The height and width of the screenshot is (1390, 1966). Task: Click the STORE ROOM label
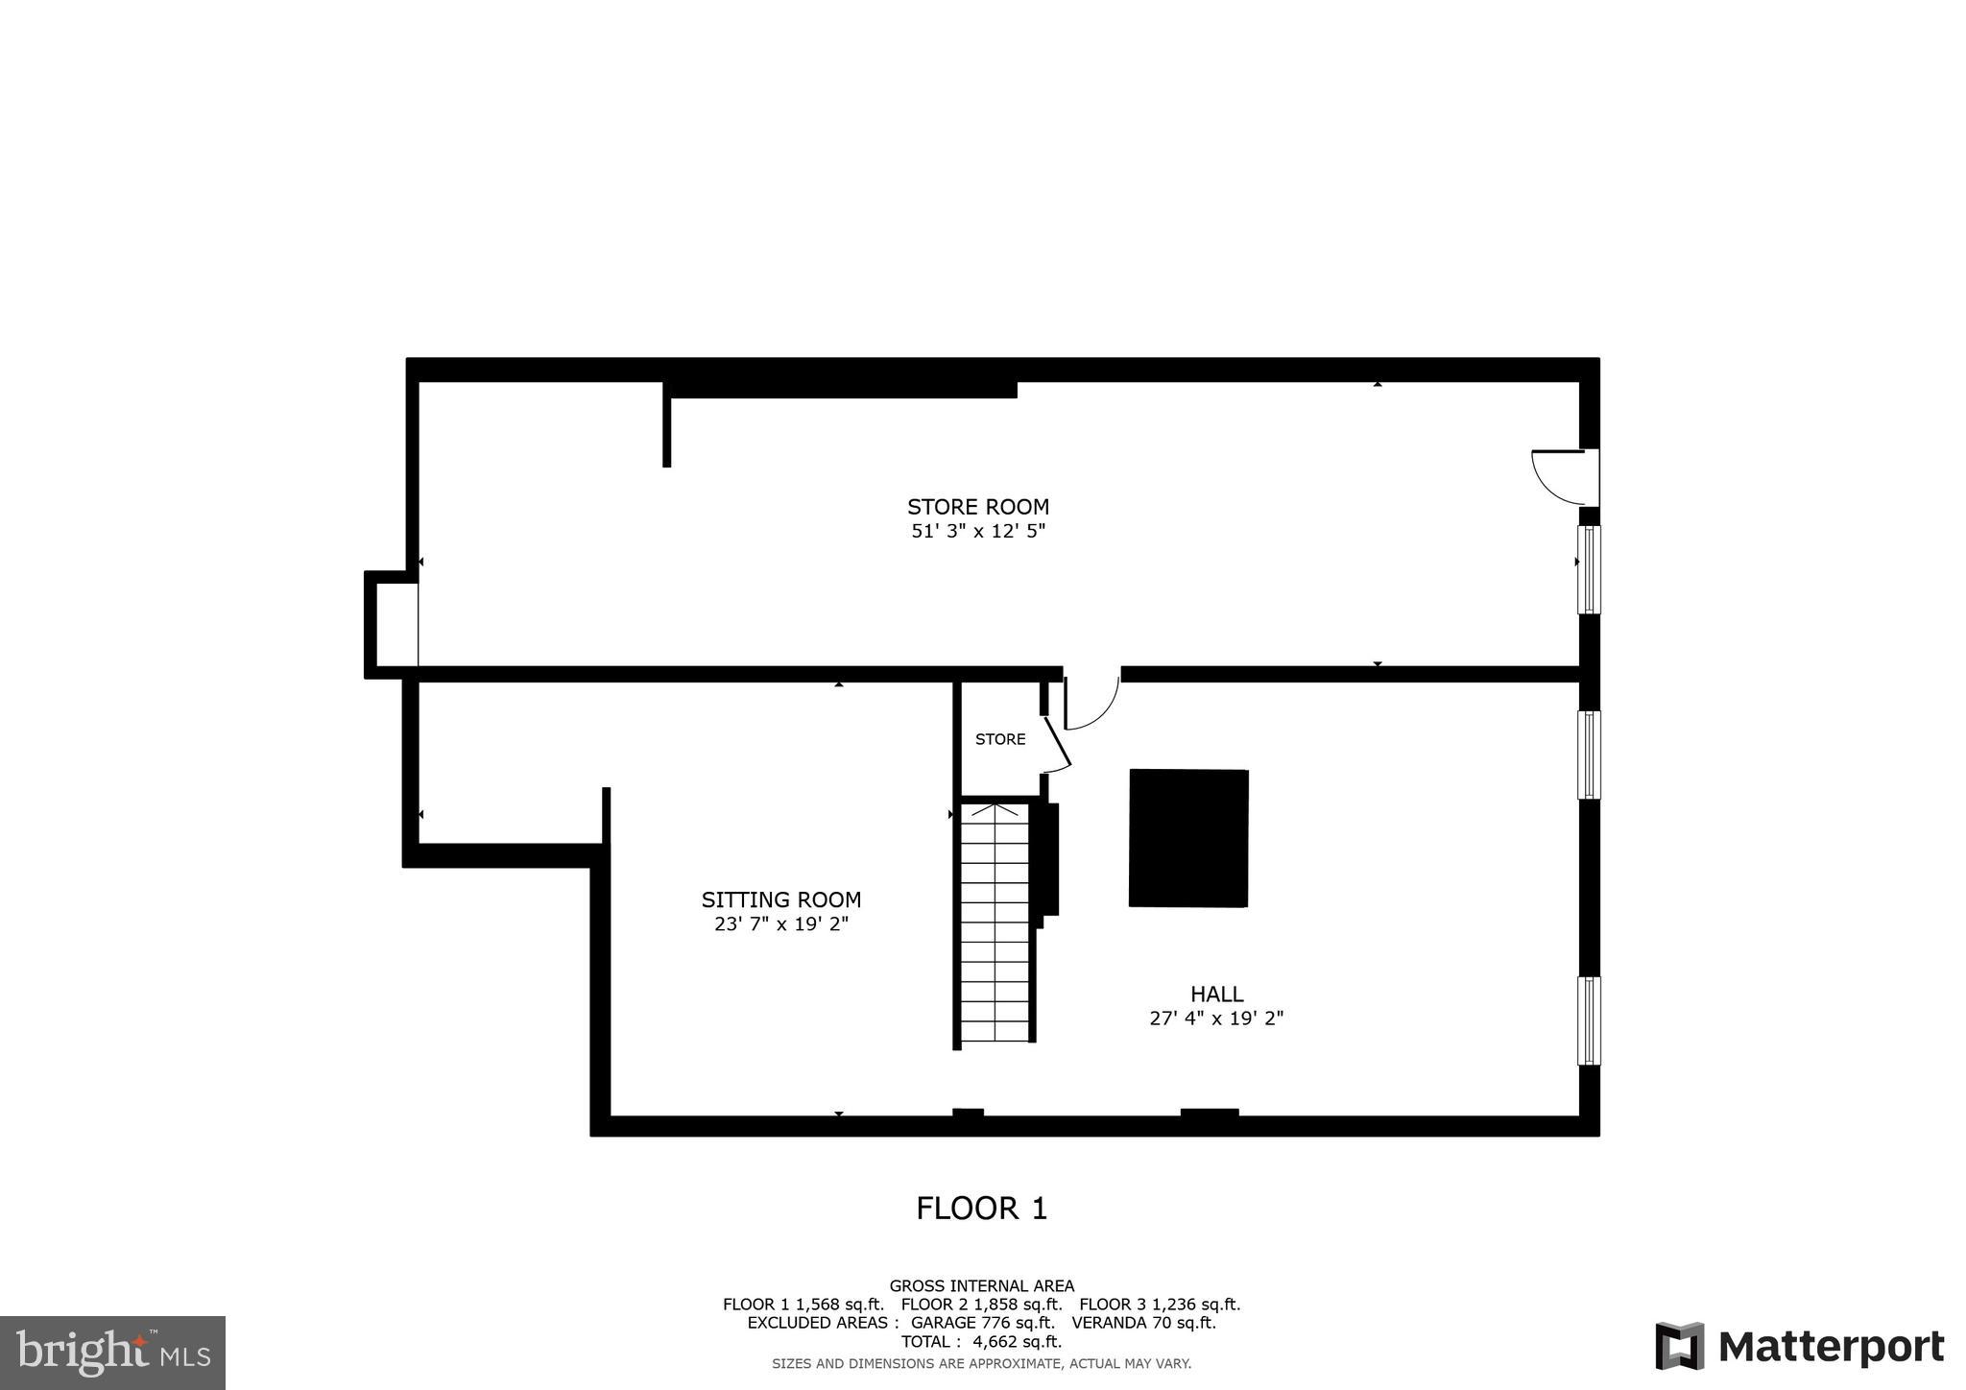(x=977, y=507)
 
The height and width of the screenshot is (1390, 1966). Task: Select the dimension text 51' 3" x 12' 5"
(x=977, y=531)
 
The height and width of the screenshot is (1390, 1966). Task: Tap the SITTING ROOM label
(x=780, y=900)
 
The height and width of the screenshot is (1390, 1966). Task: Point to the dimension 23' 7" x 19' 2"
(x=780, y=924)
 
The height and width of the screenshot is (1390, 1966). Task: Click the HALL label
(x=1216, y=995)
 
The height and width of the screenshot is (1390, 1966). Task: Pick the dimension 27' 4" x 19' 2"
(x=1216, y=1019)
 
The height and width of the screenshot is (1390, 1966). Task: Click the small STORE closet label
(x=1000, y=739)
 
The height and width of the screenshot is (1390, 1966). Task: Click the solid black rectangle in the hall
(x=1188, y=838)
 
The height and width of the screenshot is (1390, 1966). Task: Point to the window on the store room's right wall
(x=1589, y=569)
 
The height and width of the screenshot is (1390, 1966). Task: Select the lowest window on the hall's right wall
(x=1589, y=1020)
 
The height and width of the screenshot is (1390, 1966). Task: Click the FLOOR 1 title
(x=981, y=1209)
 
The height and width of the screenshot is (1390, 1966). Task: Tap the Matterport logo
(x=1799, y=1346)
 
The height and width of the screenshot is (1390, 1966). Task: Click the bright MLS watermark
(x=112, y=1353)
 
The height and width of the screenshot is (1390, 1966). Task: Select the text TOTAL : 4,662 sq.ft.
(x=981, y=1342)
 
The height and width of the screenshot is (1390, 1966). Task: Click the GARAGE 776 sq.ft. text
(x=981, y=1323)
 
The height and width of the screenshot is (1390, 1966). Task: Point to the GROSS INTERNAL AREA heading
(x=981, y=1286)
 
